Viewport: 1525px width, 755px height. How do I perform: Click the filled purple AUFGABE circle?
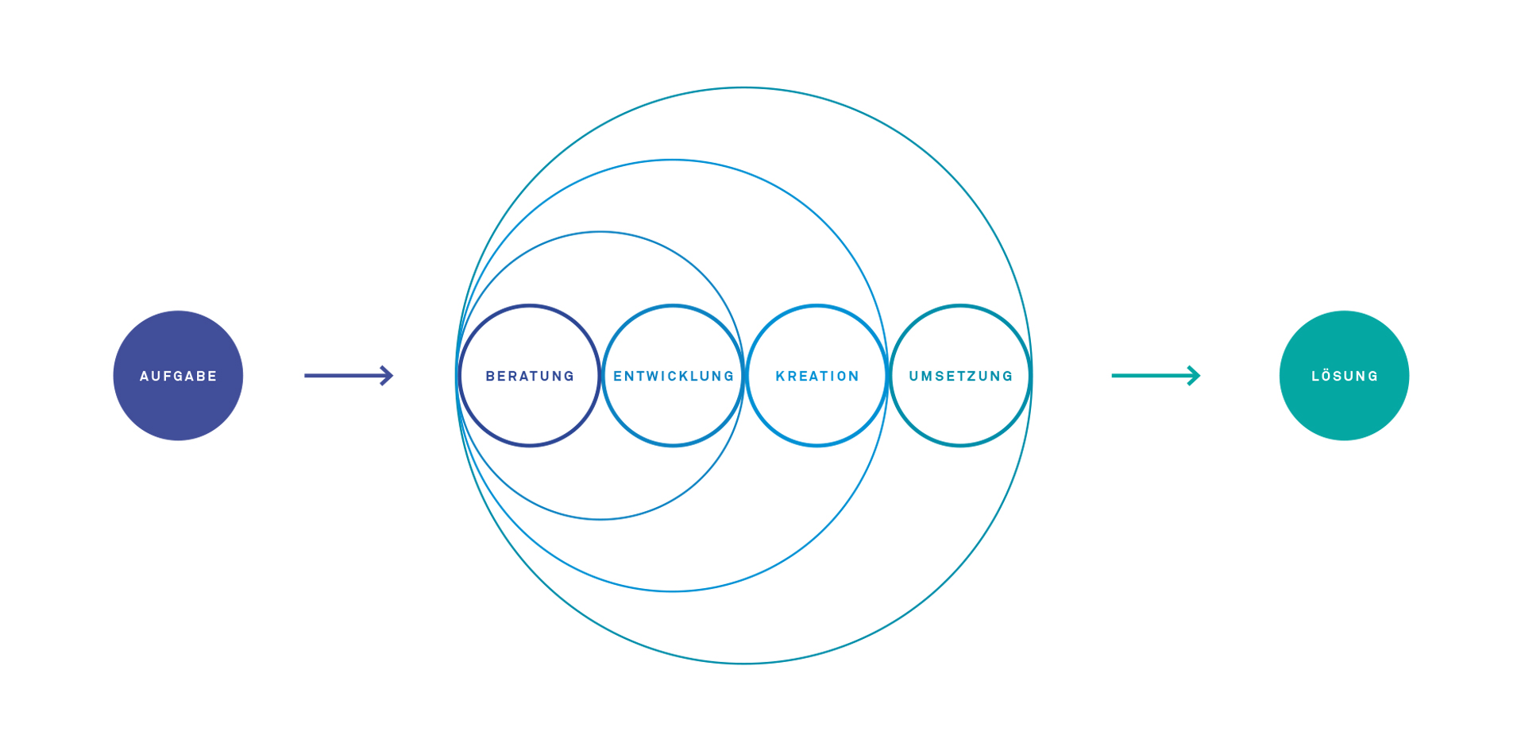tap(178, 375)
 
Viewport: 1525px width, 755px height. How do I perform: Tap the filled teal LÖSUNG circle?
tap(1344, 375)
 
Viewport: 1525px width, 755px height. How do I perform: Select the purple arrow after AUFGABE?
tap(349, 375)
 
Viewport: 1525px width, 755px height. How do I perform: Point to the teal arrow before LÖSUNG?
tap(1156, 375)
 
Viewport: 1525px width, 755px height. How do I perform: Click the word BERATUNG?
tap(530, 376)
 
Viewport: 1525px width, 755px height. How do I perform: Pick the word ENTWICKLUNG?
tap(674, 376)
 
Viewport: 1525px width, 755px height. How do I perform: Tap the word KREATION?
tap(817, 376)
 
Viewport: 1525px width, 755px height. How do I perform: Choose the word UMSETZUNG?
tap(961, 376)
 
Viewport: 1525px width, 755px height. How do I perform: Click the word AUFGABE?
tap(178, 376)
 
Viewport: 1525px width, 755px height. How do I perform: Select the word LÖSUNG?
tap(1345, 375)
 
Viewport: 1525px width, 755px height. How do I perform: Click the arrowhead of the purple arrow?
tap(387, 375)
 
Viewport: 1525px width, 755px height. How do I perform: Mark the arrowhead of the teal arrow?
tap(1194, 375)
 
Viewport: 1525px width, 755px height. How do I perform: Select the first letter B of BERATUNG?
tap(490, 376)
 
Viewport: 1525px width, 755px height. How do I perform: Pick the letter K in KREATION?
tap(780, 376)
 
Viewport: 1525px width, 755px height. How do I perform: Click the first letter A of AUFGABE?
tap(145, 376)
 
